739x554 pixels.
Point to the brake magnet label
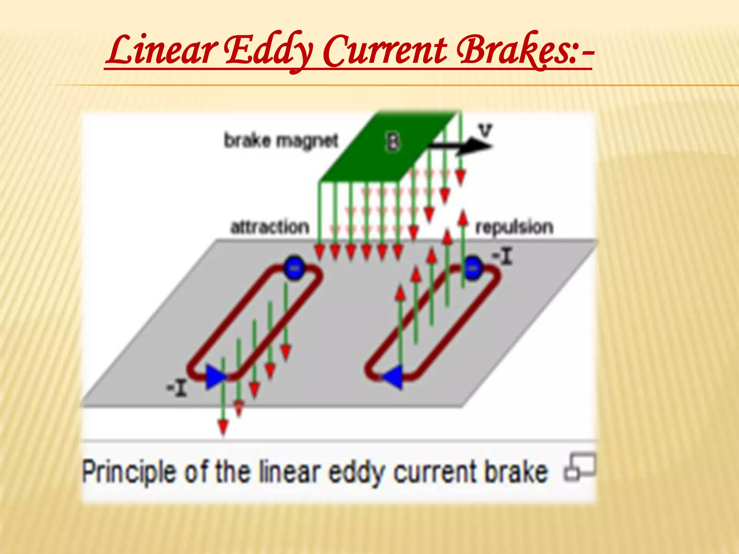click(x=281, y=140)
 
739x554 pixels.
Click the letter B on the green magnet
click(x=393, y=141)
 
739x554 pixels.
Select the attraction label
click(x=270, y=227)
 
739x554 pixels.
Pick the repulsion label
click(x=514, y=227)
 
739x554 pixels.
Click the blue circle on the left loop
click(x=294, y=267)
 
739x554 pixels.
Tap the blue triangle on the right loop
click(x=393, y=377)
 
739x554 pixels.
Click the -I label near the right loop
click(x=503, y=257)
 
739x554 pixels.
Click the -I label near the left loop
click(x=176, y=388)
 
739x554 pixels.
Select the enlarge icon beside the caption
click(x=580, y=467)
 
